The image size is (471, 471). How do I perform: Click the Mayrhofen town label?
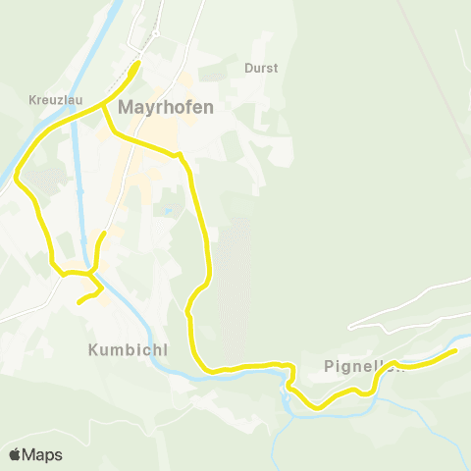pos(165,109)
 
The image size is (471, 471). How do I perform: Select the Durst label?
pos(261,69)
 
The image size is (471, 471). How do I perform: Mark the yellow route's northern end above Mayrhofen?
pos(138,63)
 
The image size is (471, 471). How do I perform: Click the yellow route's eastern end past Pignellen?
pos(455,350)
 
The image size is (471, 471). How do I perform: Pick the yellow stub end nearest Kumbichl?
pos(79,302)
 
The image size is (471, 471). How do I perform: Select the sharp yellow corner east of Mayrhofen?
pos(180,155)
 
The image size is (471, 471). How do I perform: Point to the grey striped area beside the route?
pos(234,294)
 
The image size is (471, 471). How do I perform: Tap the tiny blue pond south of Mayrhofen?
pos(168,211)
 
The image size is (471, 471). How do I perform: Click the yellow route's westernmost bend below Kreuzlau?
pos(17,179)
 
